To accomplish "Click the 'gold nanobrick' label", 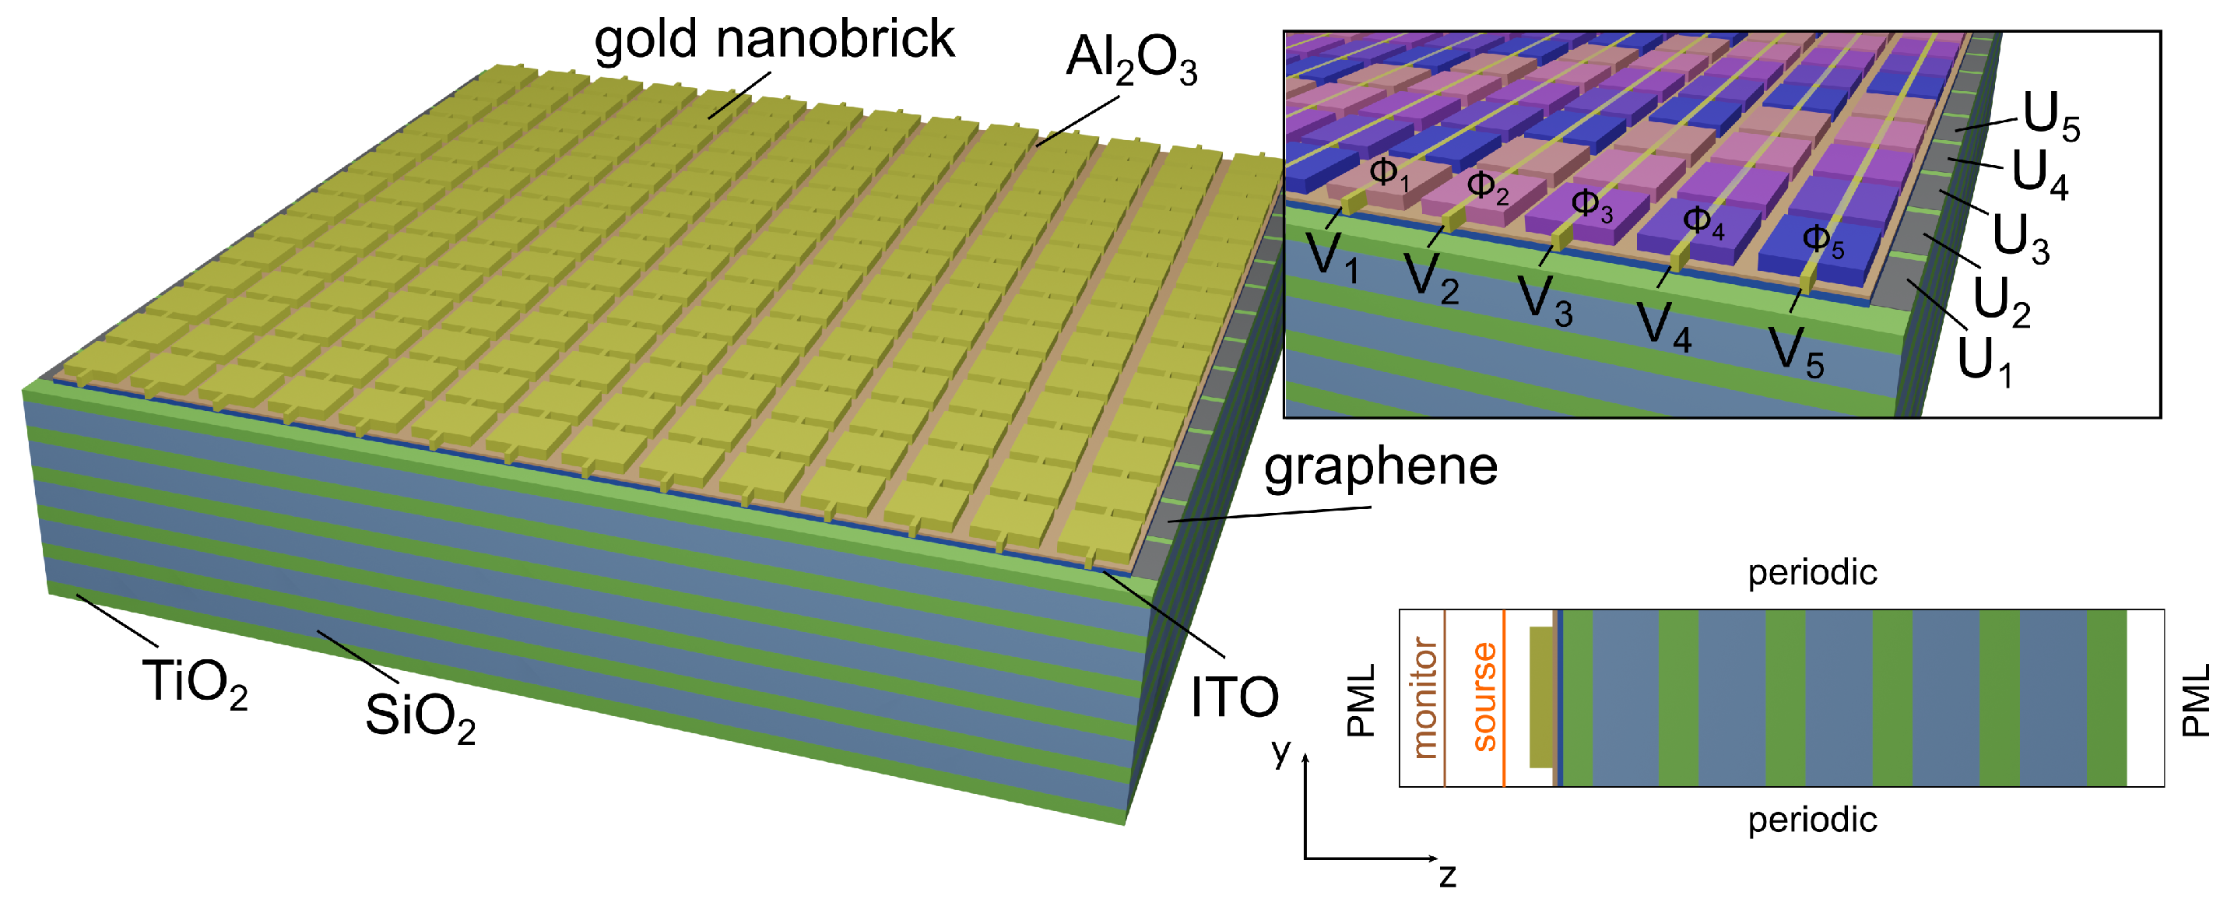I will pyautogui.click(x=774, y=40).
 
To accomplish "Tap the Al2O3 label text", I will pyautogui.click(x=1131, y=61).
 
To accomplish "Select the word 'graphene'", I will pyautogui.click(x=1381, y=468).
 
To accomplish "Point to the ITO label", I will pyautogui.click(x=1234, y=697).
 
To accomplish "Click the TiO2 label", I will pyautogui.click(x=195, y=683).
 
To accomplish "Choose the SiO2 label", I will pyautogui.click(x=420, y=718).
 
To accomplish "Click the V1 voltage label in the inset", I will pyautogui.click(x=1331, y=257).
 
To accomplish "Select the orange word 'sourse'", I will pyautogui.click(x=1484, y=697).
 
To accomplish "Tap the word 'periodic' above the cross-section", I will pyautogui.click(x=1812, y=573).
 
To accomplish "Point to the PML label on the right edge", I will pyautogui.click(x=2195, y=701).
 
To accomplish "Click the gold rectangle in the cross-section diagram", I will pyautogui.click(x=1540, y=697).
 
